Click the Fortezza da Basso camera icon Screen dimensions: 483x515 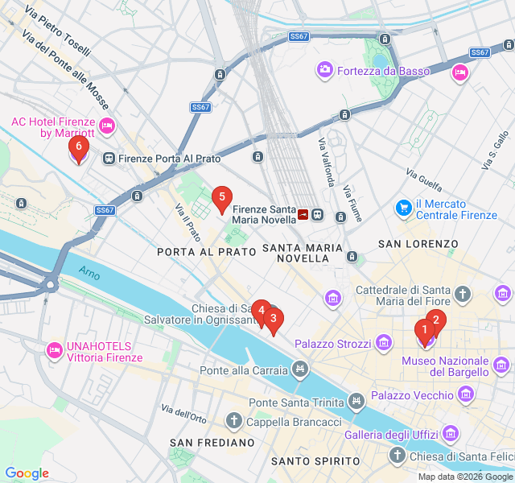pyautogui.click(x=325, y=71)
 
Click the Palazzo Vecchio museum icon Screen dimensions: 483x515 pyautogui.click(x=466, y=394)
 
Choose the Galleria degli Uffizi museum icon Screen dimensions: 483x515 pyautogui.click(x=450, y=435)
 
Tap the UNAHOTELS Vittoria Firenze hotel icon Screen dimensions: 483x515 pyautogui.click(x=54, y=350)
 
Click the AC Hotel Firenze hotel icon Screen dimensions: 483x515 pyautogui.click(x=107, y=127)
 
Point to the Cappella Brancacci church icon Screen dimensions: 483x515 pyautogui.click(x=234, y=421)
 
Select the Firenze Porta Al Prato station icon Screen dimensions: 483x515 pyautogui.click(x=108, y=159)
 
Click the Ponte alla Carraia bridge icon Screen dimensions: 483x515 pyautogui.click(x=300, y=370)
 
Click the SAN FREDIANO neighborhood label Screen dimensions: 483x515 pyautogui.click(x=206, y=444)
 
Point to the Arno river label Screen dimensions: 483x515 pyautogui.click(x=89, y=274)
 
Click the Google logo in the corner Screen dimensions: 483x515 pyautogui.click(x=27, y=473)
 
